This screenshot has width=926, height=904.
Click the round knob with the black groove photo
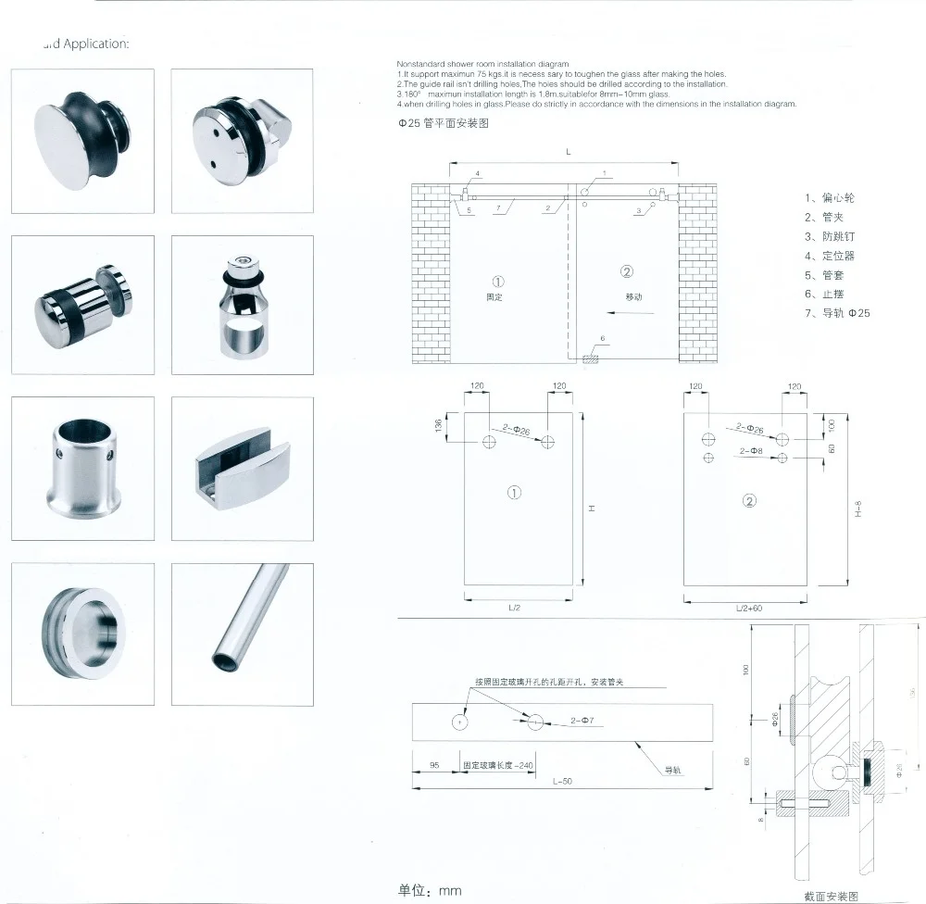pos(82,141)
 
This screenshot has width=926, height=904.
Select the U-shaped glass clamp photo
pos(243,467)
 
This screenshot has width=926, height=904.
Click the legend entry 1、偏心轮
pos(831,197)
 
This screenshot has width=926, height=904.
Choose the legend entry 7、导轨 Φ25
pos(837,313)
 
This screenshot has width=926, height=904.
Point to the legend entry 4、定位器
pos(831,256)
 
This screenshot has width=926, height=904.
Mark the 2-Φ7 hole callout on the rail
pos(583,720)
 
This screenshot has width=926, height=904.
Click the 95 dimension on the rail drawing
pos(433,766)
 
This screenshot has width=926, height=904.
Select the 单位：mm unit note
pos(429,890)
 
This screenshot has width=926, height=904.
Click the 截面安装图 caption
pos(832,896)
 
